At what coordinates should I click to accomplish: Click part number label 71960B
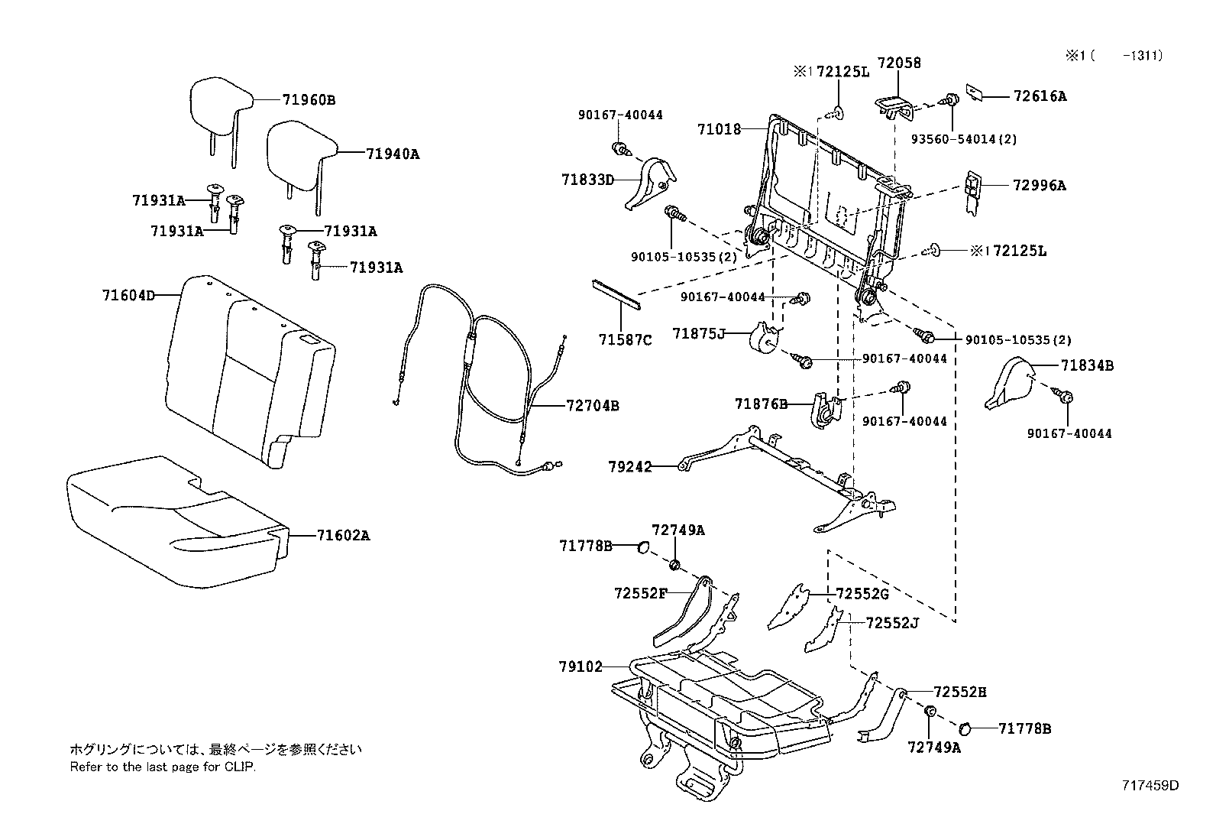click(x=309, y=100)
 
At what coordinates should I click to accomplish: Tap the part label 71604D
click(x=128, y=294)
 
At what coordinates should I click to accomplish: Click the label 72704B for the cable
click(x=592, y=406)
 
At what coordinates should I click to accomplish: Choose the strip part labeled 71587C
click(x=617, y=294)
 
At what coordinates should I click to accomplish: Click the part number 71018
click(x=719, y=130)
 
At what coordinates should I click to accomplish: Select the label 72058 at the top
click(x=899, y=63)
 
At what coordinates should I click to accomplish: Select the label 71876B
click(x=761, y=404)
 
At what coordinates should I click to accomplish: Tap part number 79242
click(x=630, y=466)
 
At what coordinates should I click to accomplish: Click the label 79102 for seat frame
click(x=580, y=667)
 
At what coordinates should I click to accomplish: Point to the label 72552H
click(x=960, y=692)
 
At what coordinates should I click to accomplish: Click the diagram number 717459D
click(x=1150, y=786)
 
